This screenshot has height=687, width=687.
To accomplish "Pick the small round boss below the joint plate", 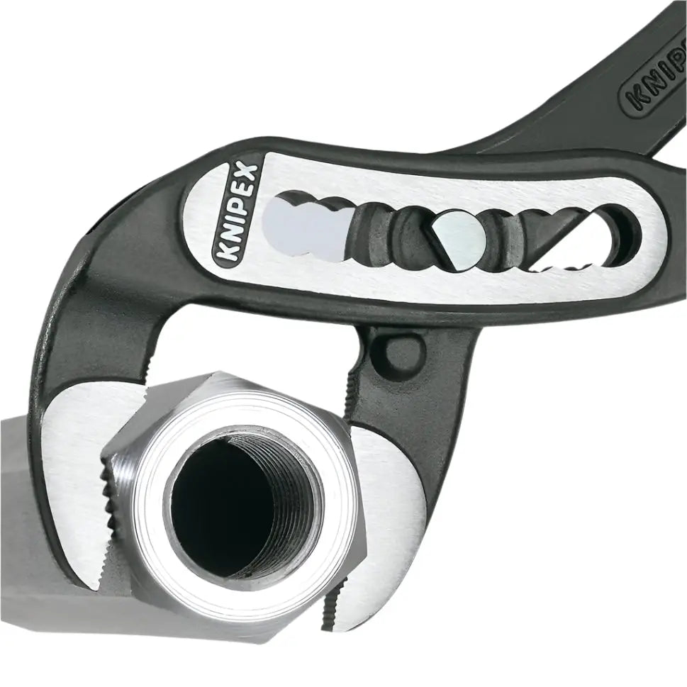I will (397, 350).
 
